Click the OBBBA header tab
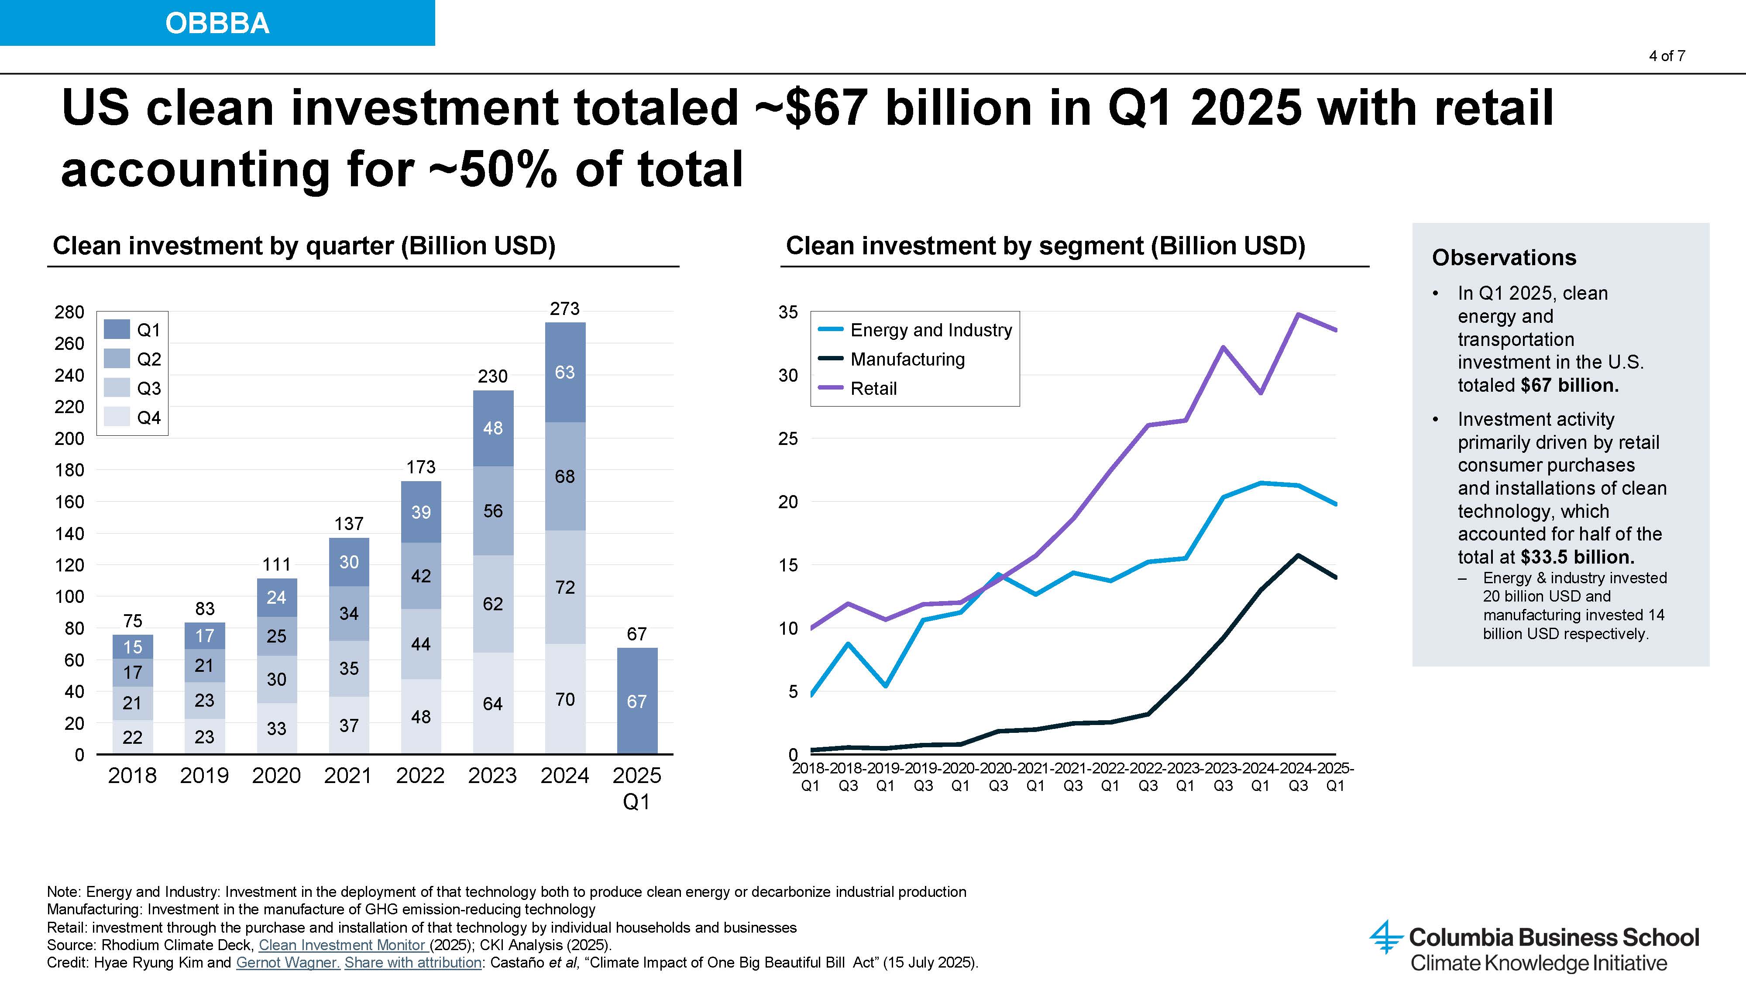point(217,23)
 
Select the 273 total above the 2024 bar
point(564,309)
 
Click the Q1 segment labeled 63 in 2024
point(564,372)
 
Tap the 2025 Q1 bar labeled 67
point(636,701)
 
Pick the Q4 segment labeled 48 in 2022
point(420,717)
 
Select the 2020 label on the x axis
point(277,776)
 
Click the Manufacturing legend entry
point(907,359)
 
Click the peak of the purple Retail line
point(1298,315)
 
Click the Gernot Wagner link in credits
point(287,963)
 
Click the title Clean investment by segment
point(1045,246)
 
